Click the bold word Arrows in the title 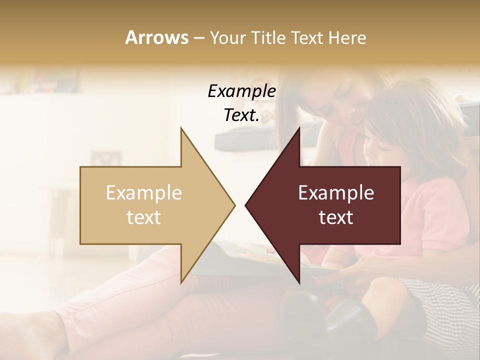pyautogui.click(x=156, y=37)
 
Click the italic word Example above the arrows pyautogui.click(x=241, y=91)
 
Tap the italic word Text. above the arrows pyautogui.click(x=241, y=115)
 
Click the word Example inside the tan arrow pyautogui.click(x=144, y=193)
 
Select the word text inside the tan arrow pyautogui.click(x=144, y=217)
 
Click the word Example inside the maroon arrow pyautogui.click(x=336, y=193)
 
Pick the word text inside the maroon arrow pyautogui.click(x=336, y=217)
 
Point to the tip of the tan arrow pyautogui.click(x=234, y=205)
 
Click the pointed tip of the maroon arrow pyautogui.click(x=245, y=205)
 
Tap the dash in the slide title pyautogui.click(x=199, y=38)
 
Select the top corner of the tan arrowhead pyautogui.click(x=181, y=128)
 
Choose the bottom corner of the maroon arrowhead pyautogui.click(x=299, y=283)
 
